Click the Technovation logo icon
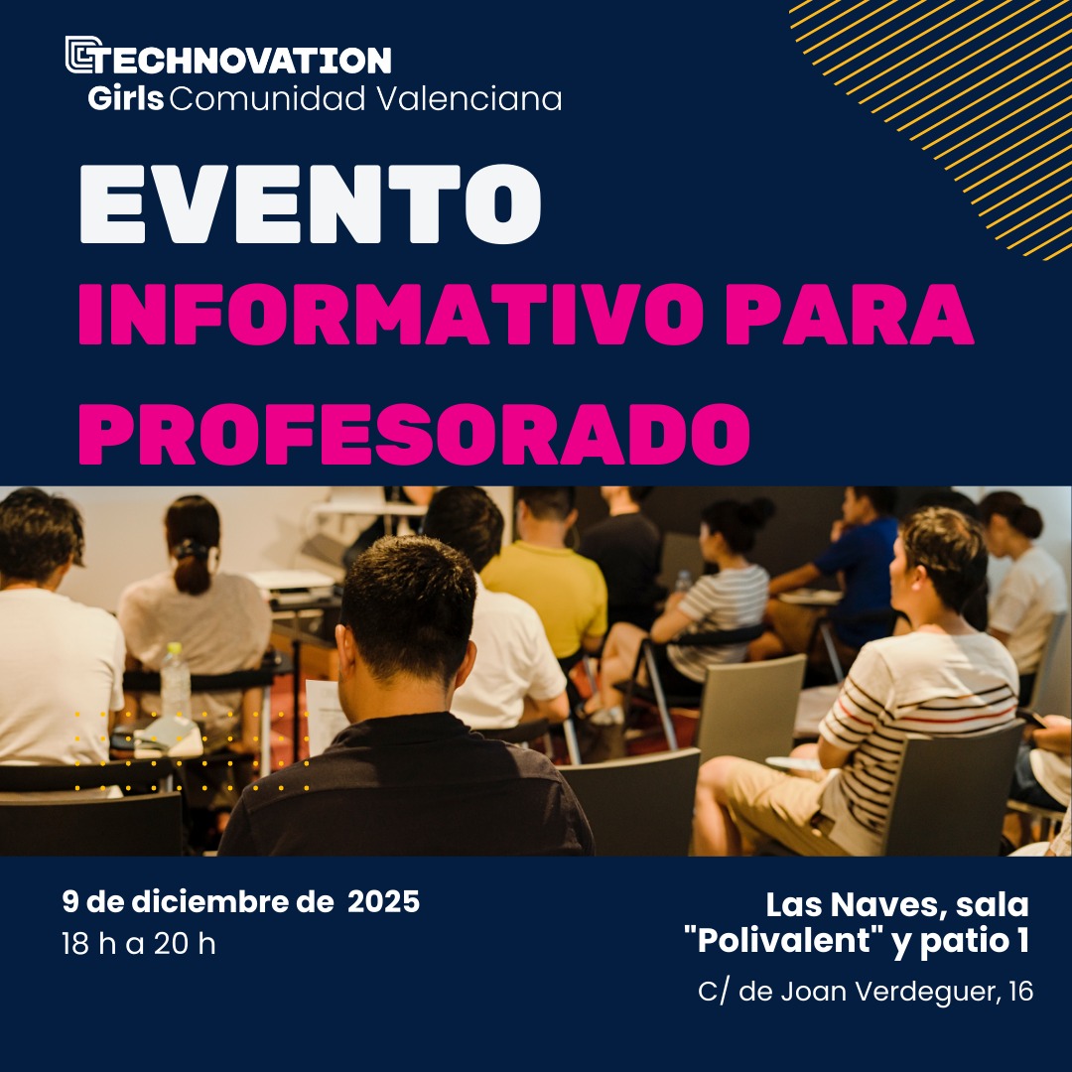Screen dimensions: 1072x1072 pyautogui.click(x=83, y=56)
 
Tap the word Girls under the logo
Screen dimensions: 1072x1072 pyautogui.click(x=125, y=99)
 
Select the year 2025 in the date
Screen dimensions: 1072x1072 pyautogui.click(x=383, y=902)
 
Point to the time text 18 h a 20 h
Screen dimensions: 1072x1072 pyautogui.click(x=138, y=943)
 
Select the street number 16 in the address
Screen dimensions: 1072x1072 pyautogui.click(x=1018, y=992)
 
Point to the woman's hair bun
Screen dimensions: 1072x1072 pyautogui.click(x=759, y=511)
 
